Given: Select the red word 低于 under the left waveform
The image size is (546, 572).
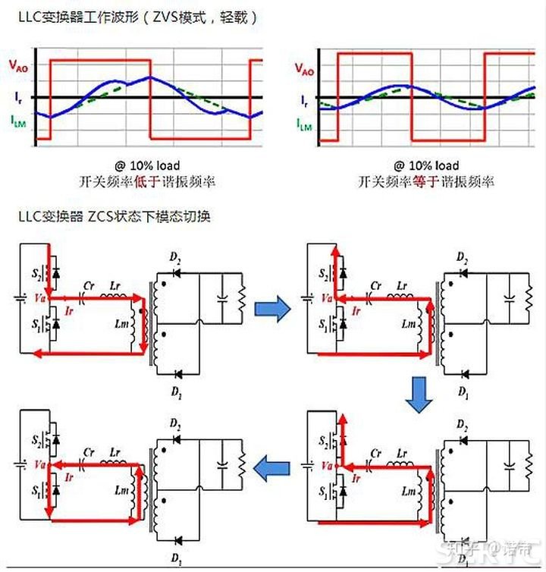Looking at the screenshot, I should coord(144,182).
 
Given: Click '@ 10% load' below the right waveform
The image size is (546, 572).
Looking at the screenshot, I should coord(425,165).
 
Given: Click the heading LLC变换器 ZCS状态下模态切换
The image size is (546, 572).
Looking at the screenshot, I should coord(114,215).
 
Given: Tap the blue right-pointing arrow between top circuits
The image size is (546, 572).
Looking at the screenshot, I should coord(271,307).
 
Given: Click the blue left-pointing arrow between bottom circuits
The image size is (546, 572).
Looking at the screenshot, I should coord(271,469).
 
